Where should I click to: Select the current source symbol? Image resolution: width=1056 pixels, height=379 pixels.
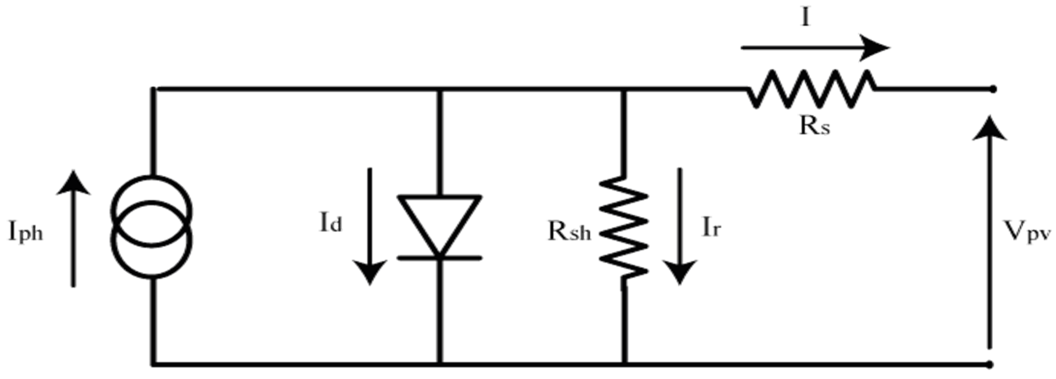point(152,228)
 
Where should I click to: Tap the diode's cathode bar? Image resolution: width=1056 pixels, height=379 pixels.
point(439,257)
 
